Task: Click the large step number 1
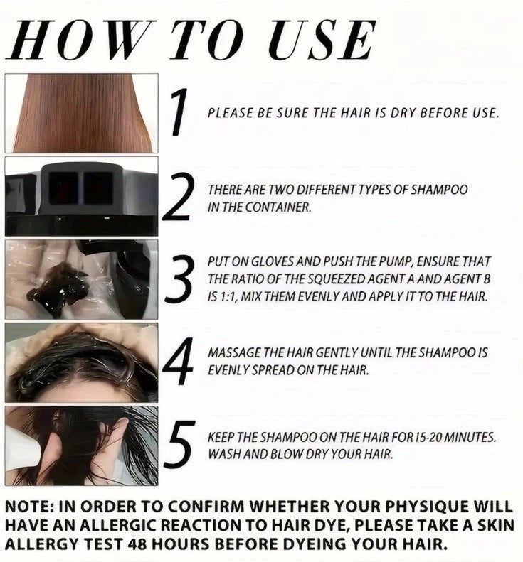[x=180, y=112]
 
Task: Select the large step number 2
[x=179, y=196]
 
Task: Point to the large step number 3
[x=179, y=279]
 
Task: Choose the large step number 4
[x=178, y=362]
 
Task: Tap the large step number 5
[x=180, y=445]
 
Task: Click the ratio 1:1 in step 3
[x=226, y=297]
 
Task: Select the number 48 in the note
[x=137, y=544]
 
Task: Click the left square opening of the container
[x=63, y=188]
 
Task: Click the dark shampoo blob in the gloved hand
[x=58, y=288]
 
